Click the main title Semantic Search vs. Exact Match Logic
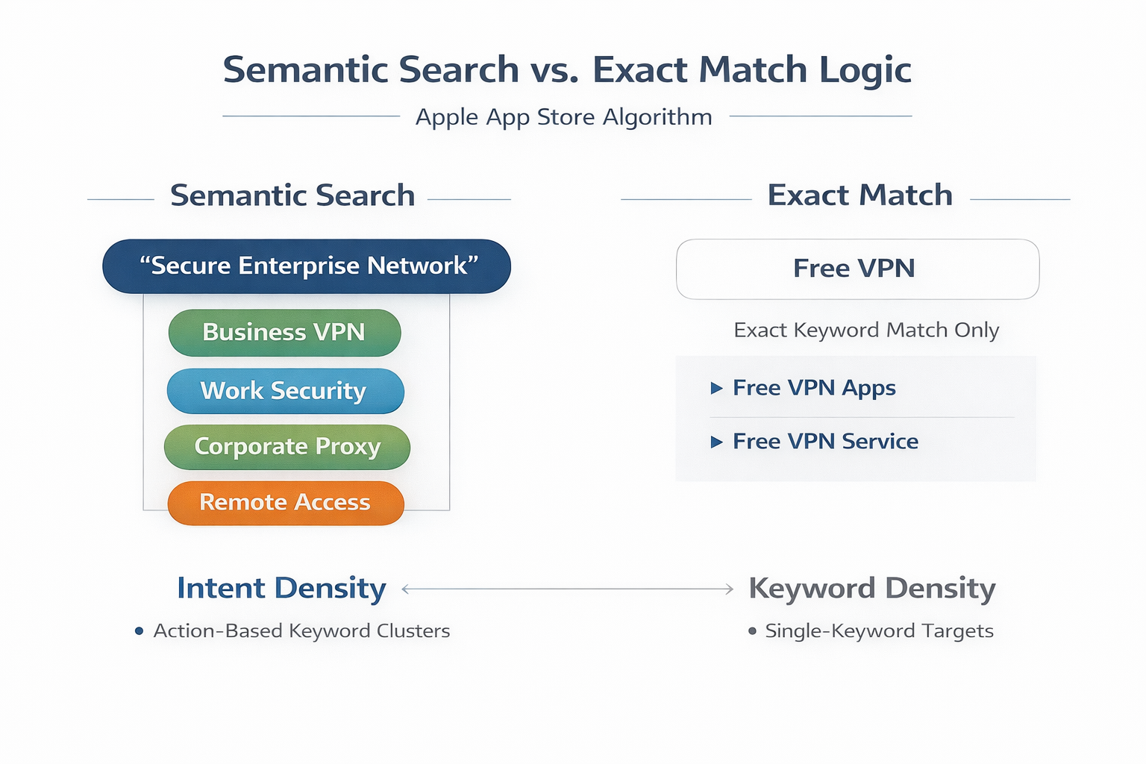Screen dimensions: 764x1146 (567, 70)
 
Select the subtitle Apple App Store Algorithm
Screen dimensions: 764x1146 (563, 117)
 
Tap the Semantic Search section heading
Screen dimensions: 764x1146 (292, 195)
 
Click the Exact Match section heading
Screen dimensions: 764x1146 (859, 195)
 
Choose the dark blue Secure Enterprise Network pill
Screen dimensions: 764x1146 (307, 266)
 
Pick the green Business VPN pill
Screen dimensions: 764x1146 (284, 333)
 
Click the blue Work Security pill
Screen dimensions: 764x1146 (285, 391)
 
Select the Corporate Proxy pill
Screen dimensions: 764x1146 (287, 447)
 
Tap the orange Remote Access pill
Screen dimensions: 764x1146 (286, 503)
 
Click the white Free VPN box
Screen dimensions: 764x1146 (857, 269)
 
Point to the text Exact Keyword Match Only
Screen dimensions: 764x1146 (865, 330)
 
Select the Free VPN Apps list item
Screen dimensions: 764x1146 (814, 388)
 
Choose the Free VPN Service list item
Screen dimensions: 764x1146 (825, 442)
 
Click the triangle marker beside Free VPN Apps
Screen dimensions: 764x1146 (716, 388)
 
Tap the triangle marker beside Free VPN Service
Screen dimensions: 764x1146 (716, 442)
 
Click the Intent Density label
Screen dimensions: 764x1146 (281, 589)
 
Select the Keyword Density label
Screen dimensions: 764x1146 (871, 589)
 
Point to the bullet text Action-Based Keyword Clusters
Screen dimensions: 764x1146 (301, 631)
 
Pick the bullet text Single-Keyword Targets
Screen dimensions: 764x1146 (879, 631)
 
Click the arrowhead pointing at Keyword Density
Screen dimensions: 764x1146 (730, 589)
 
